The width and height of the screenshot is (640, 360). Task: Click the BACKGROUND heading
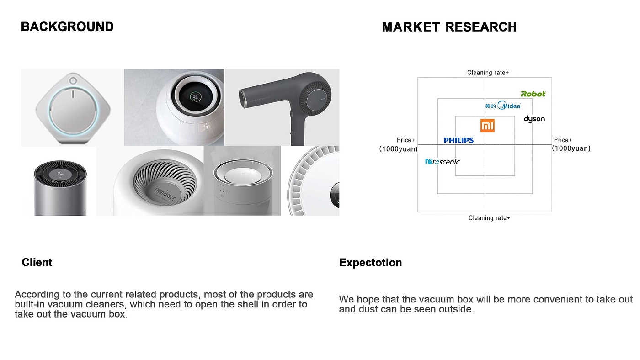67,26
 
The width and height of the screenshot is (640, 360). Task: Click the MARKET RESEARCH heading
449,27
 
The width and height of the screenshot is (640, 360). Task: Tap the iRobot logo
533,94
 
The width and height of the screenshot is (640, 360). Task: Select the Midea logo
503,106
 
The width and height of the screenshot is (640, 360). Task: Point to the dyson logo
534,119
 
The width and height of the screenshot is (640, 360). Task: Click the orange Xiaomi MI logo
487,125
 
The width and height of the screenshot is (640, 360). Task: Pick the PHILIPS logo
459,140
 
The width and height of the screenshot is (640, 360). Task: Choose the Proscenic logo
442,162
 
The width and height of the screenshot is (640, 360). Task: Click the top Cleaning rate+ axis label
488,73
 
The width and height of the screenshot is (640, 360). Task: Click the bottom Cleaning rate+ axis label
489,218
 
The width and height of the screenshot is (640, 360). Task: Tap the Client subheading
37,262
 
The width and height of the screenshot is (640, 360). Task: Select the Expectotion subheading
370,263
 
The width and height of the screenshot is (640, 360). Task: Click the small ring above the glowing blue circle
73,81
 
